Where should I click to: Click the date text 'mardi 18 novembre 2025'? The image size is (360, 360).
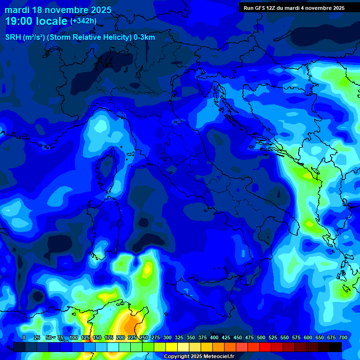tap(58, 10)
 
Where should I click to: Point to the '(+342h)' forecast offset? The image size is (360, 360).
tap(83, 21)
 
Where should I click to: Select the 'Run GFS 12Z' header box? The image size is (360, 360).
tap(294, 7)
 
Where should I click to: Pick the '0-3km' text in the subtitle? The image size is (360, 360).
tap(144, 37)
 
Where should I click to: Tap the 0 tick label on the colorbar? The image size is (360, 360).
tap(24, 337)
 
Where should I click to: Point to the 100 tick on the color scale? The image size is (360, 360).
tap(74, 337)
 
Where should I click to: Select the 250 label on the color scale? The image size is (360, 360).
tap(144, 337)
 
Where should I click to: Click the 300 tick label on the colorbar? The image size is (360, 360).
tap(167, 337)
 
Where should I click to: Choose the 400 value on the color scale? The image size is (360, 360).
tap(214, 337)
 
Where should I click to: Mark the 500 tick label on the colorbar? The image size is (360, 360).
tap(261, 337)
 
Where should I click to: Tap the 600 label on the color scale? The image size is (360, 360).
tap(308, 337)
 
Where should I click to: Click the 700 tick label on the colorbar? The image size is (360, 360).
tap(343, 337)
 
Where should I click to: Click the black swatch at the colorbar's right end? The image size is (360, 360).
tap(336, 347)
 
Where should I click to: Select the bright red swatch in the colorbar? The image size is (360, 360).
tap(265, 347)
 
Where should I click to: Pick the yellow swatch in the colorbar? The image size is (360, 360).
tap(172, 347)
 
